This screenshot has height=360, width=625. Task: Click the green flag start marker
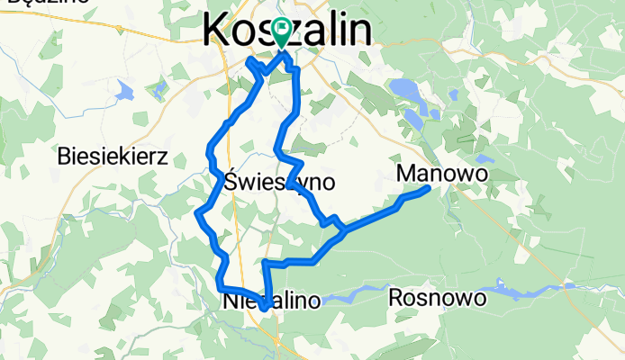(x=282, y=33)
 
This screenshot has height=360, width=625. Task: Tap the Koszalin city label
(x=285, y=29)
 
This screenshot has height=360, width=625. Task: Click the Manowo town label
(x=441, y=173)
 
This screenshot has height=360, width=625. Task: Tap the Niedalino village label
(x=270, y=302)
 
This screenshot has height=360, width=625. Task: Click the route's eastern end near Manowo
(x=423, y=187)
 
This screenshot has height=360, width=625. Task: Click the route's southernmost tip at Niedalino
(x=262, y=308)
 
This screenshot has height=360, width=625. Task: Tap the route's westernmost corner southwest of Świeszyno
(x=197, y=213)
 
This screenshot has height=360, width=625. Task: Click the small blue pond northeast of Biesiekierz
(x=159, y=89)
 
